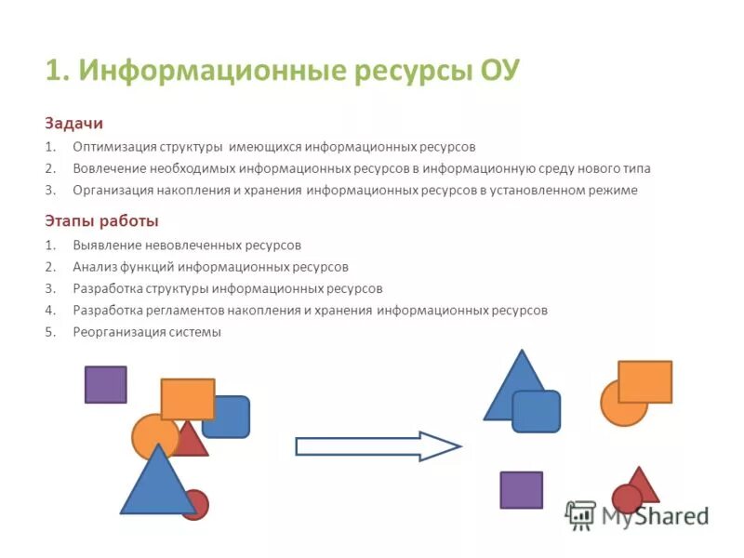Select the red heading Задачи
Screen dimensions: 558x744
[73, 123]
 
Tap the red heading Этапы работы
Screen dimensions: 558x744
[101, 220]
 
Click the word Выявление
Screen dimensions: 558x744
[106, 246]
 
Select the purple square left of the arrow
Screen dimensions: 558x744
[105, 384]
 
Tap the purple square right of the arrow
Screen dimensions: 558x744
[521, 490]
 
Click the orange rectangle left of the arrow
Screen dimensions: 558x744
[187, 398]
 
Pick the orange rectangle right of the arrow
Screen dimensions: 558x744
[644, 381]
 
